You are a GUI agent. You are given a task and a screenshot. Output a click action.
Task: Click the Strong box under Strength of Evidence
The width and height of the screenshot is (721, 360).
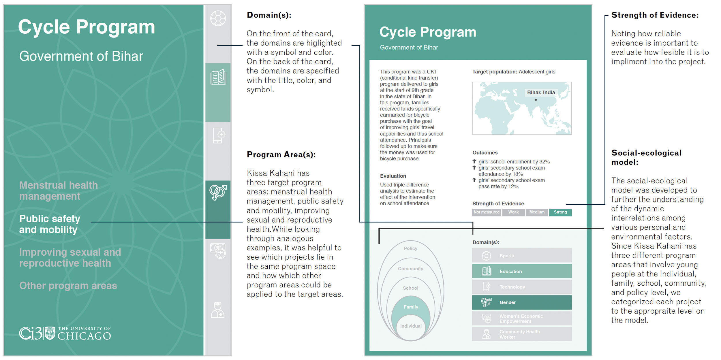click(560, 212)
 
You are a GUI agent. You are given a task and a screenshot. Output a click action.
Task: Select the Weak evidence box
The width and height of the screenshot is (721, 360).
click(513, 212)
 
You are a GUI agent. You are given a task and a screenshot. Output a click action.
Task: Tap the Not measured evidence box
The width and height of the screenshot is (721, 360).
click(487, 212)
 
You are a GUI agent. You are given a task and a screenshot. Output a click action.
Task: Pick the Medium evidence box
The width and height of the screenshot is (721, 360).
click(537, 212)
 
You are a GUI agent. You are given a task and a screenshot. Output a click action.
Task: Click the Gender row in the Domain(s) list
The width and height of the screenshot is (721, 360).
click(522, 302)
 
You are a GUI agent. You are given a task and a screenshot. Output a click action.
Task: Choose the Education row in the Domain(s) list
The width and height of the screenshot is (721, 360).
click(522, 271)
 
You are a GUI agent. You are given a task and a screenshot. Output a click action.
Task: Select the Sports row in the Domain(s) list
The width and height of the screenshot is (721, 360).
click(522, 255)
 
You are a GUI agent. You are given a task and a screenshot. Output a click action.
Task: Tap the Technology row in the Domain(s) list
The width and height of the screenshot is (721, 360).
click(522, 287)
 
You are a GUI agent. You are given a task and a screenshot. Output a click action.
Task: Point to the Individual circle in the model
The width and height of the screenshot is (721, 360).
click(411, 326)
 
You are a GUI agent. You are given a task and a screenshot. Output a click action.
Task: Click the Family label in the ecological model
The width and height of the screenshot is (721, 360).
click(411, 307)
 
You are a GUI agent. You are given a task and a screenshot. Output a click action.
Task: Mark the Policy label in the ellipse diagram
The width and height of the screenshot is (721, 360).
click(410, 248)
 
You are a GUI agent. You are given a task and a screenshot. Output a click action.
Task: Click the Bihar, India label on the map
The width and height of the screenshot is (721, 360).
click(541, 93)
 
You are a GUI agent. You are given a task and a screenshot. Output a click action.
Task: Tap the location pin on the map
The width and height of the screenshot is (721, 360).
click(536, 102)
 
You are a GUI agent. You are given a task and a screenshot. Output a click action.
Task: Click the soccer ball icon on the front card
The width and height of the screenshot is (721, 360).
click(218, 18)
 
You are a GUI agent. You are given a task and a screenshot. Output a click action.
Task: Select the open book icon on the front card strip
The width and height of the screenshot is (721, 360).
click(218, 77)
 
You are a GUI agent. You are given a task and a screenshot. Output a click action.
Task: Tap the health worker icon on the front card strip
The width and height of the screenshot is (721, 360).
click(218, 310)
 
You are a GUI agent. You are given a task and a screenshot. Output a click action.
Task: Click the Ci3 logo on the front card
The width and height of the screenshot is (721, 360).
click(31, 333)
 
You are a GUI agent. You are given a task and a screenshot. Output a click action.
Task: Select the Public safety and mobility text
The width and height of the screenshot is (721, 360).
click(50, 224)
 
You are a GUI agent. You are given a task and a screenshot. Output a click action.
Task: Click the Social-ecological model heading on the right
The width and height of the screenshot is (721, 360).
click(646, 157)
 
